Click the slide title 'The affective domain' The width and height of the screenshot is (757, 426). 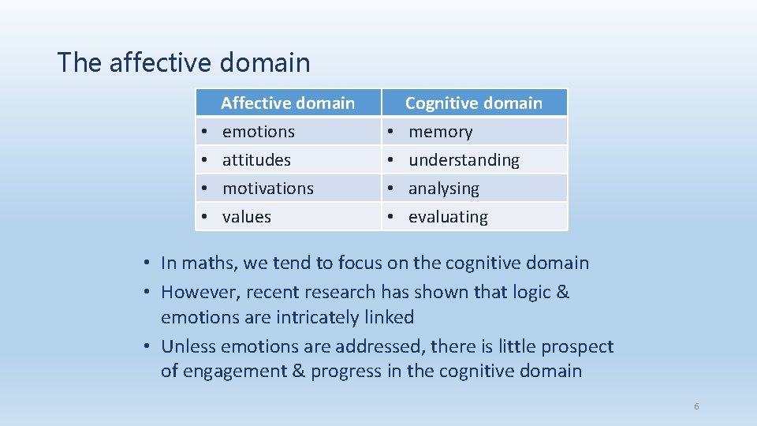pyautogui.click(x=184, y=62)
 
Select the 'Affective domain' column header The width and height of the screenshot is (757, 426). pyautogui.click(x=288, y=103)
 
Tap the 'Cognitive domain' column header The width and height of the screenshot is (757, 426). pyautogui.click(x=473, y=103)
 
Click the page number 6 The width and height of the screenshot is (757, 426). pyautogui.click(x=696, y=406)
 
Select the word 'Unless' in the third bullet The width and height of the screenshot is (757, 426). pyautogui.click(x=188, y=346)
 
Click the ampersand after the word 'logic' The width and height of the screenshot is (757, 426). pyautogui.click(x=562, y=293)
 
